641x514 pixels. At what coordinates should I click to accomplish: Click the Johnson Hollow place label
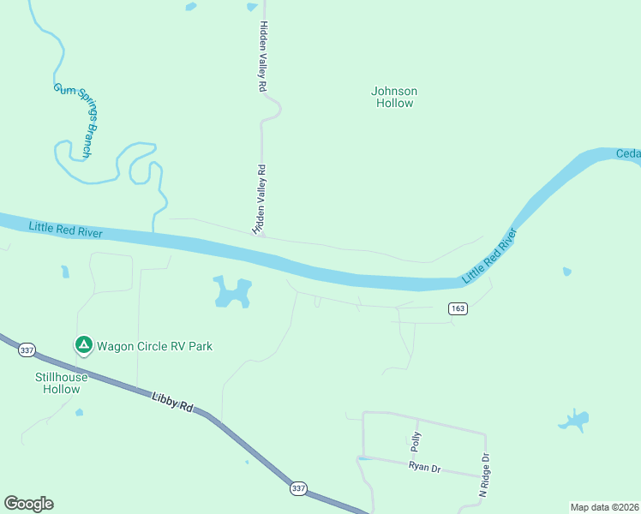pos(394,97)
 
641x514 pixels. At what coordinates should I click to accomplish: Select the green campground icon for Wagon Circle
pos(84,345)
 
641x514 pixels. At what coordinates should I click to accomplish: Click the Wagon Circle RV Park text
pos(154,346)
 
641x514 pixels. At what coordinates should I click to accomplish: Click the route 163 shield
pos(457,308)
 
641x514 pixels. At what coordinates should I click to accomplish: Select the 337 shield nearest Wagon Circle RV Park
pos(27,350)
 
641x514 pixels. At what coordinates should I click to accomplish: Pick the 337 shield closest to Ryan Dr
pos(297,488)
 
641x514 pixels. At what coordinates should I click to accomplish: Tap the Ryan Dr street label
pos(424,466)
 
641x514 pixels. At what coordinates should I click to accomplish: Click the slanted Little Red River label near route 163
pos(491,255)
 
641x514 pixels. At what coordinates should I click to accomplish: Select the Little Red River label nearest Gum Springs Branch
pos(65,230)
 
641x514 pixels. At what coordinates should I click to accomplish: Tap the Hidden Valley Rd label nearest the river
pos(260,200)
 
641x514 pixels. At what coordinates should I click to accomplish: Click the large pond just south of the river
pos(231,293)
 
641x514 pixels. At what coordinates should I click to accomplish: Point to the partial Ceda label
pos(628,154)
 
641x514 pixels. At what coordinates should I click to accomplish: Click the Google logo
pos(28,504)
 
